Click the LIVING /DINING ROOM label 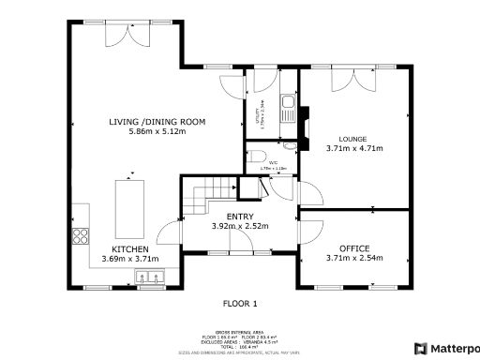pos(157,122)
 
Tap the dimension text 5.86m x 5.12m pos(157,132)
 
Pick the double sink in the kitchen pos(149,276)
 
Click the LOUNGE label pos(353,139)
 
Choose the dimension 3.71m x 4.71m pos(353,148)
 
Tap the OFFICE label pos(353,248)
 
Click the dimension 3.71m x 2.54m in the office pos(353,258)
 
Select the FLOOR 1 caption pos(239,304)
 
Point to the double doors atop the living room pos(126,36)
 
